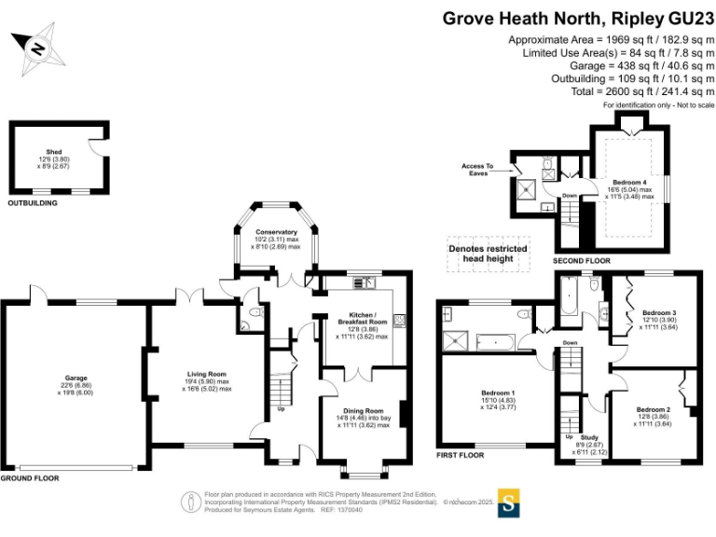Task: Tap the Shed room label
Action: pyautogui.click(x=53, y=151)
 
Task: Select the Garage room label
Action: pyautogui.click(x=76, y=379)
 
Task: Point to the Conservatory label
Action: pyautogui.click(x=276, y=232)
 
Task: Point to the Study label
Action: pyautogui.click(x=589, y=437)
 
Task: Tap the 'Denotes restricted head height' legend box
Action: pyautogui.click(x=488, y=255)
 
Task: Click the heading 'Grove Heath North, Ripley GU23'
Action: pyautogui.click(x=578, y=18)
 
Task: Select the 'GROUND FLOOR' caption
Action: pyautogui.click(x=30, y=477)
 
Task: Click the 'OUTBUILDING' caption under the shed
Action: pyautogui.click(x=33, y=202)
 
